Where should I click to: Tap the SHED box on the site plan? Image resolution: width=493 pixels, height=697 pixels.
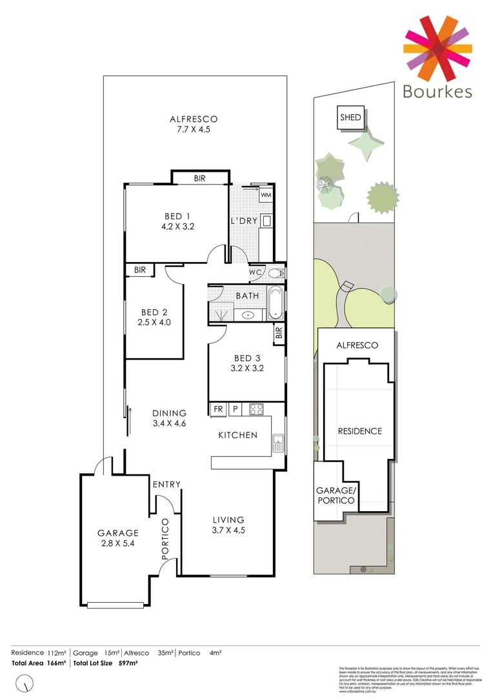[351, 118]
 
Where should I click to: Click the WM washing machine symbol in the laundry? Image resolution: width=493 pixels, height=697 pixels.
[266, 194]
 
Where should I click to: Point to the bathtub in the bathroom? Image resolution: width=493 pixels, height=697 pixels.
[275, 303]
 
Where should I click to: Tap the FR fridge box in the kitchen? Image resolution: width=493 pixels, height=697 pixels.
[217, 409]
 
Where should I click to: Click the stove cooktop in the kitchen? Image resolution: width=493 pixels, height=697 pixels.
[256, 409]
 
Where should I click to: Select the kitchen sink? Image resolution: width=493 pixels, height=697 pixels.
[278, 443]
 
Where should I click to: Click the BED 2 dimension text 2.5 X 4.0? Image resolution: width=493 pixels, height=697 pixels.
[154, 322]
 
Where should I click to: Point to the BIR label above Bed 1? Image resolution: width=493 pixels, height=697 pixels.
[199, 178]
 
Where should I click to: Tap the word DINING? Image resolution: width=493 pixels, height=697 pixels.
[169, 413]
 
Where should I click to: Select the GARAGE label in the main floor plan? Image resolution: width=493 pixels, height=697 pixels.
[118, 533]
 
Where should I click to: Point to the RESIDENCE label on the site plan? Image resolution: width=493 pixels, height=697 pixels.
[359, 431]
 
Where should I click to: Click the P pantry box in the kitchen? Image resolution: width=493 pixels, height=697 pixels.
[236, 409]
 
